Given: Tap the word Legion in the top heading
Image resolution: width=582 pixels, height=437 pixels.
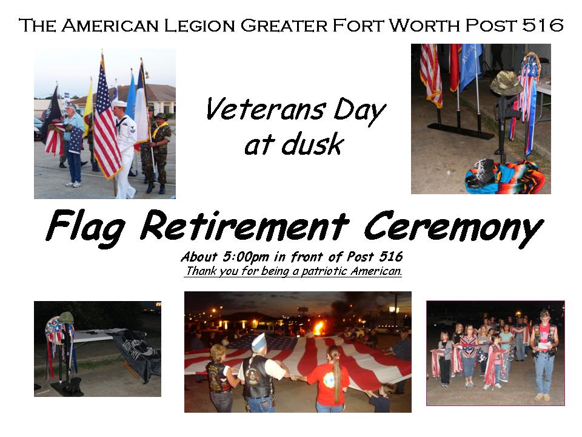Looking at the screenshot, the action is pos(199,25).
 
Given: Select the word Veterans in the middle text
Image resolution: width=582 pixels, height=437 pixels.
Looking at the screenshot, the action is pos(266,109).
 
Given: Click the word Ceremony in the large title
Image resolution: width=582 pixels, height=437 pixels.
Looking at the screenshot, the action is pos(453,228).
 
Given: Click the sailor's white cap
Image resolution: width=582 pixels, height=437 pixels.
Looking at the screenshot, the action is pos(119,103).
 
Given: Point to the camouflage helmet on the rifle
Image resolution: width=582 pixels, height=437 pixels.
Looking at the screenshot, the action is pos(506,83).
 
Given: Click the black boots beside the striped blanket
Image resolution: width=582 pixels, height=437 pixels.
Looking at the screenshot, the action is pos(480,173).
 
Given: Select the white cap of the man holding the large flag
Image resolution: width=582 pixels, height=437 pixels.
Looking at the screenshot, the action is pos(258,342).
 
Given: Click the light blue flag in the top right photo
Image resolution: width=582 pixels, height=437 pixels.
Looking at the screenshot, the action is pos(469,65).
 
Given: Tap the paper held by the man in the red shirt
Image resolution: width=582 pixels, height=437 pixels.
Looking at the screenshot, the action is pos(544,345).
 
